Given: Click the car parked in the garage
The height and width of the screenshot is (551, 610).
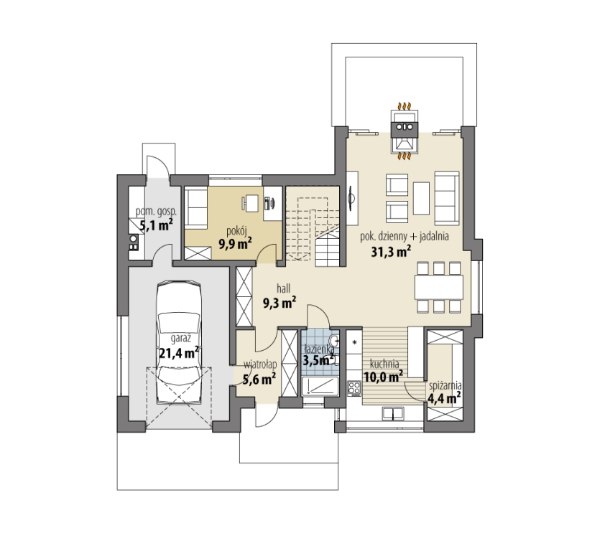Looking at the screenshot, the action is [179, 343].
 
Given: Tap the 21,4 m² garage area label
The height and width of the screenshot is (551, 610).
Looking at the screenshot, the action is [179, 353].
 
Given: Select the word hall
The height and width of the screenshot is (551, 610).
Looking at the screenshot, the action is [284, 288].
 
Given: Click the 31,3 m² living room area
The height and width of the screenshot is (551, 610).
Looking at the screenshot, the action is [391, 253].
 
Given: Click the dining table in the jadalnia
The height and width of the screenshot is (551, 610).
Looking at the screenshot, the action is [439, 287].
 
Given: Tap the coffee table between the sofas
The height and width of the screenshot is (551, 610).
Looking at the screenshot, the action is [421, 198].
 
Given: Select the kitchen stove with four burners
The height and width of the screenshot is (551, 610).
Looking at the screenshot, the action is [354, 388].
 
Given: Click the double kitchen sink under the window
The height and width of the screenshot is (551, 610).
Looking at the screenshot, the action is [392, 413].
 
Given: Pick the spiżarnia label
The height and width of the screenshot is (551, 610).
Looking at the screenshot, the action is [445, 386].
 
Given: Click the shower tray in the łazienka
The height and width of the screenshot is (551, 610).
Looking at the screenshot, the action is [320, 386].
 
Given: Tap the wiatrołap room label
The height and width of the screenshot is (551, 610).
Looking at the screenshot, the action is [260, 364].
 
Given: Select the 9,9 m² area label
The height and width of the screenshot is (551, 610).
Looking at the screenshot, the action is [235, 244].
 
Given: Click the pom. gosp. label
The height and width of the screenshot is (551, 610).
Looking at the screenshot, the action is [156, 212].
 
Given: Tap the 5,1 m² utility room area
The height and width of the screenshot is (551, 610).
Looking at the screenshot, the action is [156, 225].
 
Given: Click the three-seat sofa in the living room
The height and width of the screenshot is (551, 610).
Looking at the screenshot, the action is [447, 198].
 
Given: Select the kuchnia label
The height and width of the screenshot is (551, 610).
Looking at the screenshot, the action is [384, 364].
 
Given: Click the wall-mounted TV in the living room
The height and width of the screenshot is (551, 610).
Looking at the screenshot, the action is [351, 198].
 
